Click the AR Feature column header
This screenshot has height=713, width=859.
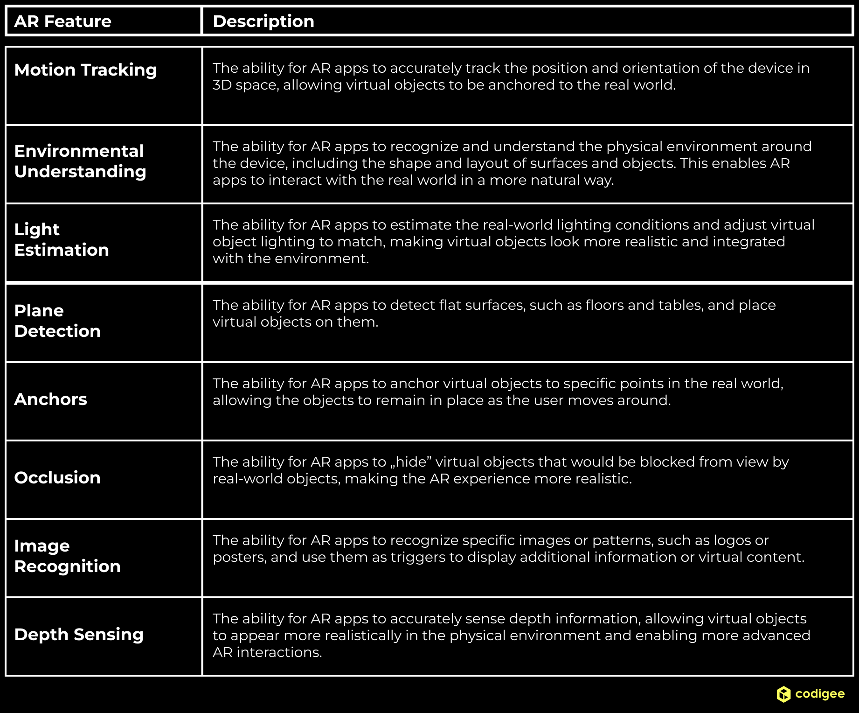tap(63, 21)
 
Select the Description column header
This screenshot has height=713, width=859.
tap(263, 21)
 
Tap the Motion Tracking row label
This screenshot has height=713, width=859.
tap(85, 70)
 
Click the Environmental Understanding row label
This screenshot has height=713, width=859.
tap(80, 161)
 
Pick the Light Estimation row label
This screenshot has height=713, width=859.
tap(62, 240)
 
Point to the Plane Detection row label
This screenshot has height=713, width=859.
tap(57, 321)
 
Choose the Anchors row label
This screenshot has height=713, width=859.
tap(51, 399)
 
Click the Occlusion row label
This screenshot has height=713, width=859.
tap(57, 478)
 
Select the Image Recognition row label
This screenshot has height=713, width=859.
tap(68, 556)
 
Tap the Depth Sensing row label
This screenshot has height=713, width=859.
tap(79, 635)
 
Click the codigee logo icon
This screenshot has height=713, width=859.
tap(783, 694)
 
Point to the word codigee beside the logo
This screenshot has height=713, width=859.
tap(820, 694)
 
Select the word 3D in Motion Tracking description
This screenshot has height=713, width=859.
tap(222, 85)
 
